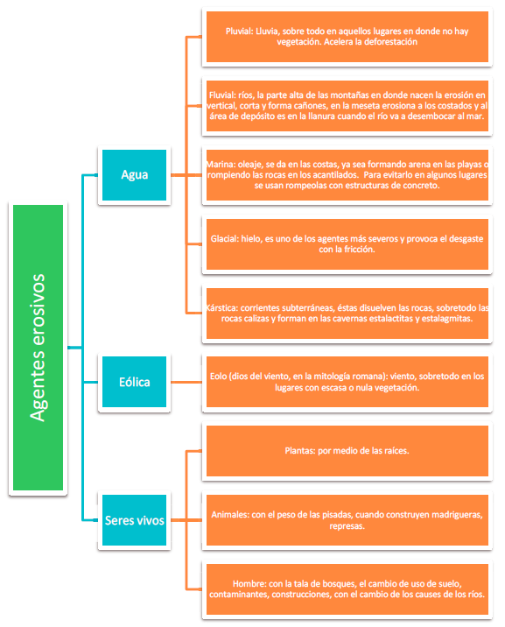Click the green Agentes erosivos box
point(38,348)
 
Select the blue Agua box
point(134,175)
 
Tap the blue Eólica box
point(134,382)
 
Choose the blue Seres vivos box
point(134,520)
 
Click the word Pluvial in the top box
point(239,32)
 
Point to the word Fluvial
point(222,95)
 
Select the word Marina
point(221,165)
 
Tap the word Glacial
point(224,239)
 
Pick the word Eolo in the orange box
point(219,377)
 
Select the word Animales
point(229,515)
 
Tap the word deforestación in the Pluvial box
point(390,42)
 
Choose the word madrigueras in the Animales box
point(459,515)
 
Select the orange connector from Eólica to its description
point(186,383)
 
